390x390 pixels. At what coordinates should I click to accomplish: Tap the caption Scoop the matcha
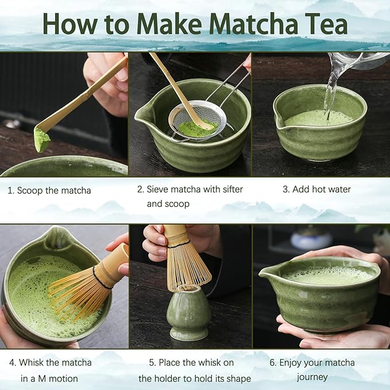coord(53,190)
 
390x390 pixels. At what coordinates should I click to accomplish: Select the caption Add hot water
coord(321,189)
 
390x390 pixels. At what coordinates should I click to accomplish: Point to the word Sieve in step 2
coord(158,189)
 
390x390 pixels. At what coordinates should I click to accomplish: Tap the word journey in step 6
coord(312,377)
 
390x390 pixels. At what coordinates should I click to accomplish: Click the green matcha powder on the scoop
coord(41,140)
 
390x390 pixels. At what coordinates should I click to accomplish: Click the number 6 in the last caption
coord(273,362)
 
